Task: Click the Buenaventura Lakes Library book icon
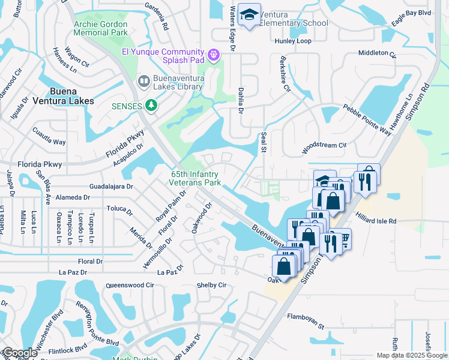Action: (143, 81)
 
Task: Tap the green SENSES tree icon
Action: (152, 106)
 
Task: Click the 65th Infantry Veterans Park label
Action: (194, 178)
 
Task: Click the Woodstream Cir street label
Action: (324, 145)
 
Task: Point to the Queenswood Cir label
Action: (130, 286)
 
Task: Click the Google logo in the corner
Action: (20, 352)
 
